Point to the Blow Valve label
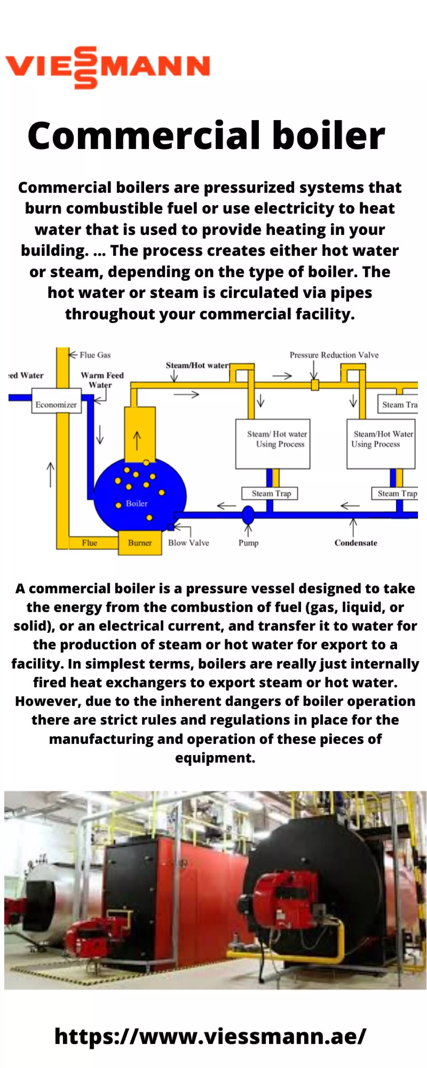pos(189,543)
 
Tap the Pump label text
pos(248,543)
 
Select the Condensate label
pos(356,543)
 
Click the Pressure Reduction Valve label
pos(334,355)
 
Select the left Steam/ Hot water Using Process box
pos(273,444)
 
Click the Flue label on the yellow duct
pos(89,543)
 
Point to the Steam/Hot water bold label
pos(197,365)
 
